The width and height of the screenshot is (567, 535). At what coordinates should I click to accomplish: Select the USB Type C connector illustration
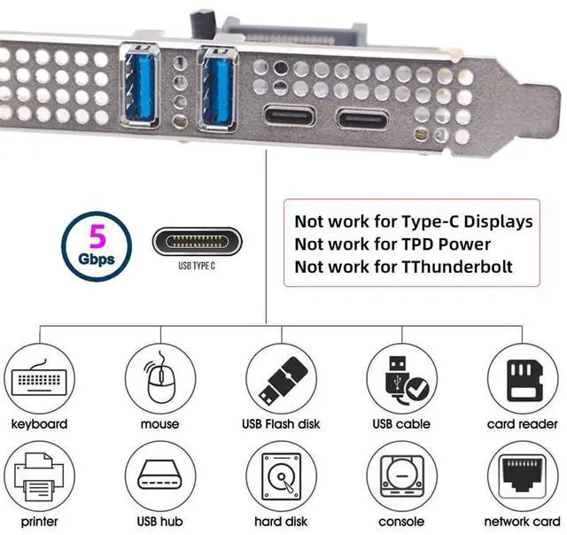click(x=197, y=242)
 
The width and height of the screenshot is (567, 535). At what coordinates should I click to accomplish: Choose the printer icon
click(x=38, y=478)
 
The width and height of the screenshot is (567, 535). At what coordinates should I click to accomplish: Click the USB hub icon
click(x=159, y=478)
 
